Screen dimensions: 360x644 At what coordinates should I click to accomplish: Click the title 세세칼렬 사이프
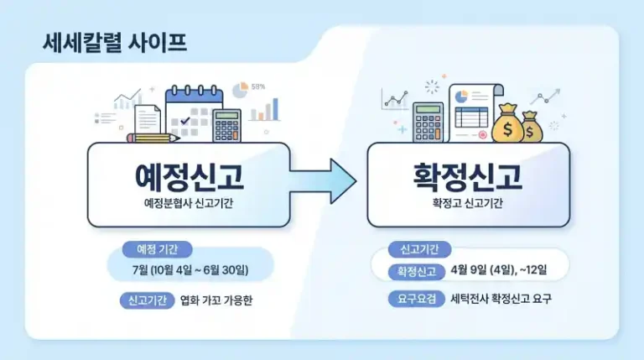click(x=115, y=44)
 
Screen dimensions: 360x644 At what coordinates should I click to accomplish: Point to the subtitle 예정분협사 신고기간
click(x=189, y=205)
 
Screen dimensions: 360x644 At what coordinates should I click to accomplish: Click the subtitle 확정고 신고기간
click(x=468, y=205)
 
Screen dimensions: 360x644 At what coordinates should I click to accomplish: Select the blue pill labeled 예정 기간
click(x=157, y=249)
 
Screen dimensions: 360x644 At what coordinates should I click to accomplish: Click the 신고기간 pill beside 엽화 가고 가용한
click(x=147, y=300)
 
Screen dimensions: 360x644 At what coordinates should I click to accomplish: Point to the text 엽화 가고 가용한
click(x=216, y=300)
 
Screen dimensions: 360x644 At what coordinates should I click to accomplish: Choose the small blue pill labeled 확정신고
click(x=416, y=271)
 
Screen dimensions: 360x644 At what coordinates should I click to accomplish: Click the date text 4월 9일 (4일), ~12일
click(x=498, y=270)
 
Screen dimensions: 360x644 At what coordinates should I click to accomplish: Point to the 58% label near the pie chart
click(x=258, y=86)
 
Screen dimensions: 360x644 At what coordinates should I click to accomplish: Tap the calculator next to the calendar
click(x=226, y=125)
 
